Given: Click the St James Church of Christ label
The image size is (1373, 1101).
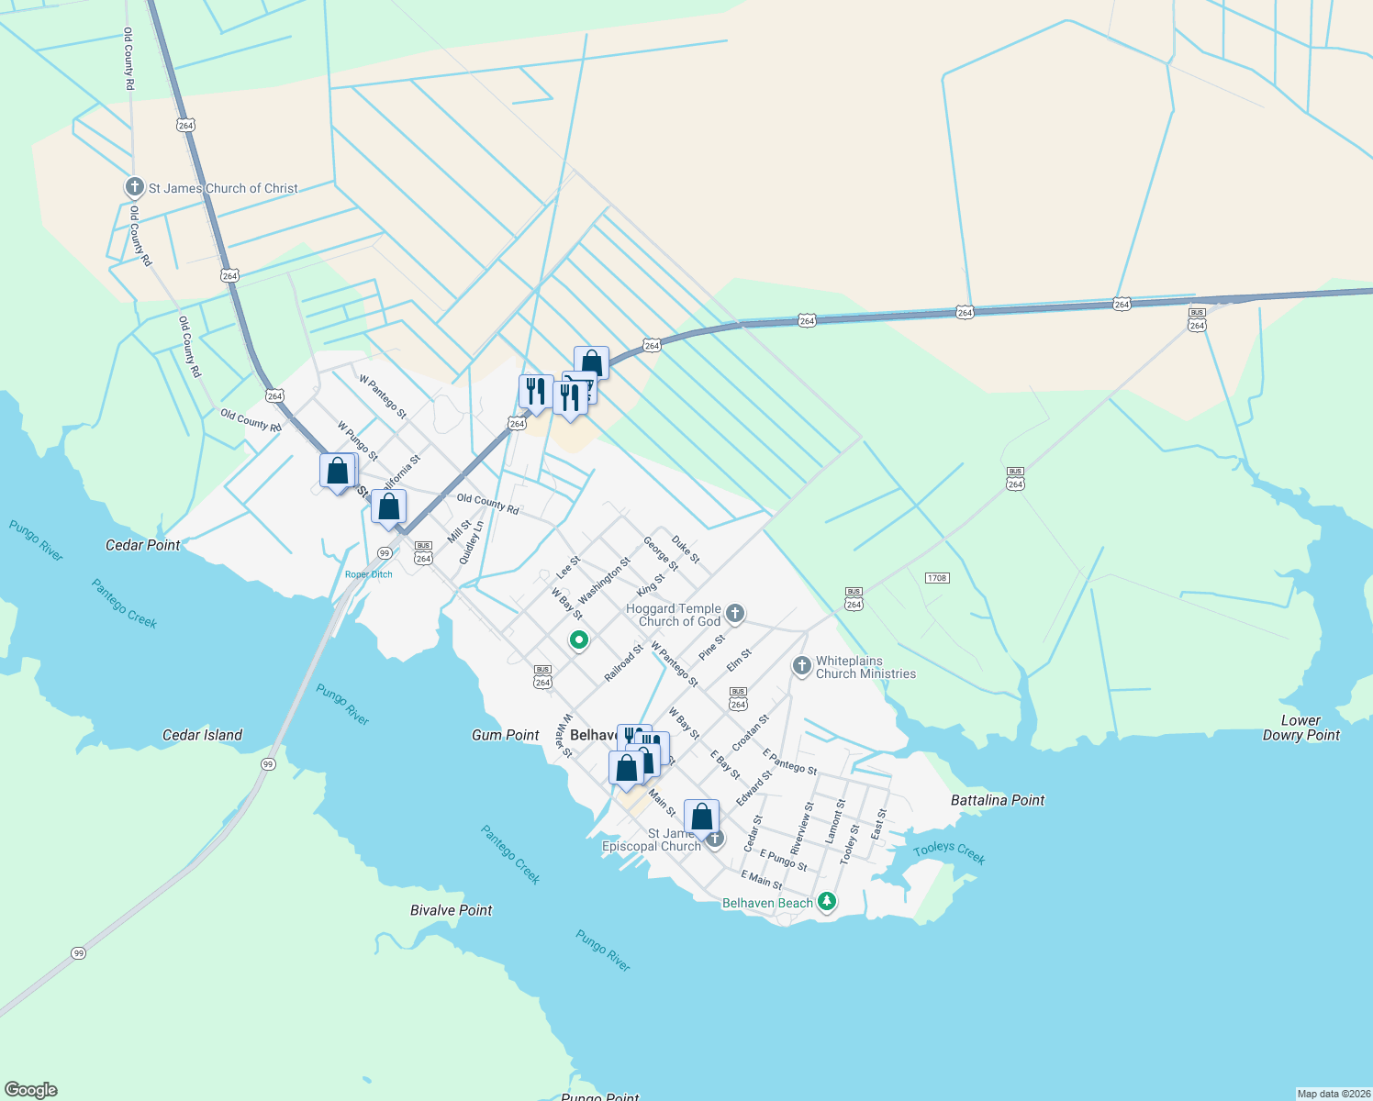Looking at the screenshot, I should (x=223, y=188).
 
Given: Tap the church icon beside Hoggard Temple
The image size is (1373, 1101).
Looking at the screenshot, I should (x=734, y=613).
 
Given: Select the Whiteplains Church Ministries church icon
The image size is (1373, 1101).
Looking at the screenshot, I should (x=801, y=665).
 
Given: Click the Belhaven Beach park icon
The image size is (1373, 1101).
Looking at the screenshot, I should (x=827, y=902).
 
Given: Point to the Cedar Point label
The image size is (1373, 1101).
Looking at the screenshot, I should (x=143, y=545).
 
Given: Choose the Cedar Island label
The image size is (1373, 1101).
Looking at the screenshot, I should (x=202, y=735).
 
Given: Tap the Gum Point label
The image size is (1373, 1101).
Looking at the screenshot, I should (x=506, y=735).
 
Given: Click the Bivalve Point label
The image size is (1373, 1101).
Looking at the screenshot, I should (x=451, y=910).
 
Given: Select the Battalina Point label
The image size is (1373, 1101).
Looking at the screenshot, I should (x=998, y=800).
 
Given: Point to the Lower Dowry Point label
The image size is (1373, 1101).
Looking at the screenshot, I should (x=1301, y=728).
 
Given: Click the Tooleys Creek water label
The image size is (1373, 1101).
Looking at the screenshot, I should (x=949, y=852).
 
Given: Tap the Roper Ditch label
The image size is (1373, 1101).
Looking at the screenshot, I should (x=369, y=574).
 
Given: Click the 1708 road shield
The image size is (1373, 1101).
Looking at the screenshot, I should (x=936, y=578).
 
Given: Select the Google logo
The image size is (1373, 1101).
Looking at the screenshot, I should (x=31, y=1090).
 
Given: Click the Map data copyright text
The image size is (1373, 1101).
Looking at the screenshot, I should (x=1333, y=1094).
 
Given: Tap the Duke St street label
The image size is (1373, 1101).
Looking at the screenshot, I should (x=686, y=550).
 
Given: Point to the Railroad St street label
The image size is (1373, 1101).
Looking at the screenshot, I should (x=623, y=663).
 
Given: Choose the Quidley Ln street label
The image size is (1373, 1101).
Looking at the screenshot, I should (x=471, y=542).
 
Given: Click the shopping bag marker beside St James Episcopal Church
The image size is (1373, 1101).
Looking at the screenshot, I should (x=701, y=817).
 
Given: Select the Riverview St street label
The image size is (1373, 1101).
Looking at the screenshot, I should (x=802, y=829).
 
